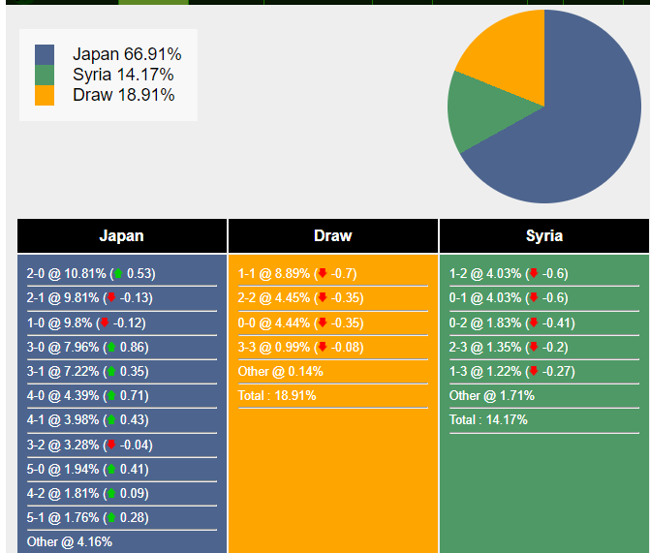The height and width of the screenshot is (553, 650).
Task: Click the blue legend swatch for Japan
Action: coord(45,55)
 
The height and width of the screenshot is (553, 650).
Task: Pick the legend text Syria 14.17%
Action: coord(123,75)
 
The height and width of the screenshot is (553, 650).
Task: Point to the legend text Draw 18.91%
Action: coord(123,95)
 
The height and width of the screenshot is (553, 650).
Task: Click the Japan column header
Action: coord(122,235)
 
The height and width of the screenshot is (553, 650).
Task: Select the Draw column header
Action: coord(333,235)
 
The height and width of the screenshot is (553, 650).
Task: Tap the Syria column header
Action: coord(544,235)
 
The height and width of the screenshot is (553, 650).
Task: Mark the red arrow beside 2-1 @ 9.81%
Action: coord(110,297)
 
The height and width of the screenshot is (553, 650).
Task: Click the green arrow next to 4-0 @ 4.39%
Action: coord(110,395)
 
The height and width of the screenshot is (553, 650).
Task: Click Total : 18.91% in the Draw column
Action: coord(277,395)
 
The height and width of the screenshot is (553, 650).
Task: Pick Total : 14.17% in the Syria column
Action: coord(488,419)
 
